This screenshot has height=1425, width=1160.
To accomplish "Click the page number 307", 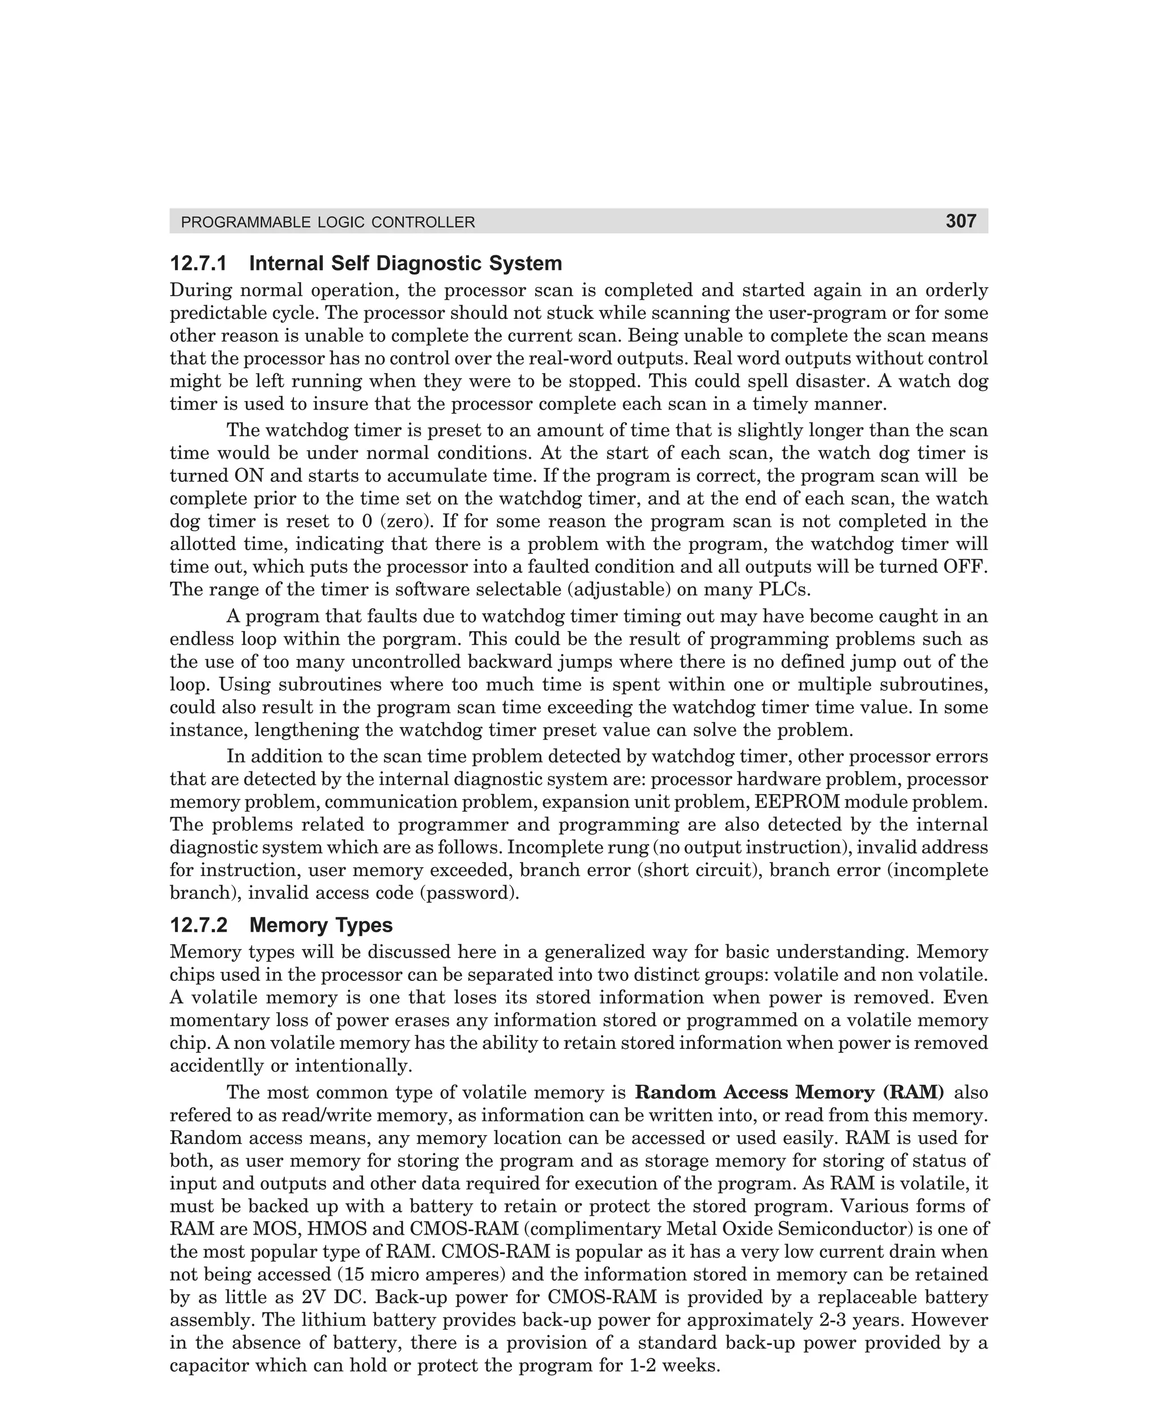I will click(960, 221).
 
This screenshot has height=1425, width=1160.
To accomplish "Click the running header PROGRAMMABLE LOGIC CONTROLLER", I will click(328, 223).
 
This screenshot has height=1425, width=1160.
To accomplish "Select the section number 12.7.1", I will click(198, 263).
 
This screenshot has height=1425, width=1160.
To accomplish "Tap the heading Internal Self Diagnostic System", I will click(405, 263).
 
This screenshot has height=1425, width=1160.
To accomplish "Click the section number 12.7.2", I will click(198, 925).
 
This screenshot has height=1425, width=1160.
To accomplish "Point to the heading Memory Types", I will click(321, 925).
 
